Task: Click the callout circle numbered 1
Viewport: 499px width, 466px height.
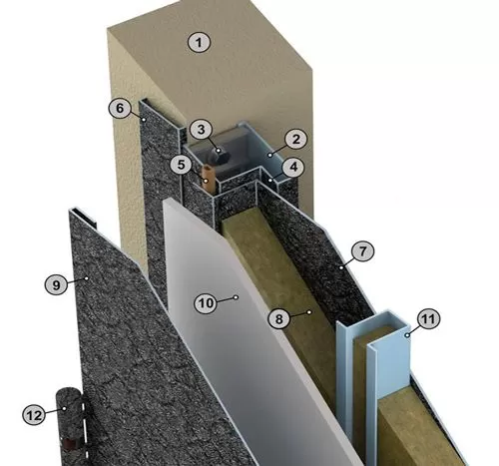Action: pyautogui.click(x=199, y=43)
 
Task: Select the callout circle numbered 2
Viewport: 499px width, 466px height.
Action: pyautogui.click(x=295, y=139)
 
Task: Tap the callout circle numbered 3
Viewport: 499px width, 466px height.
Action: pyautogui.click(x=201, y=130)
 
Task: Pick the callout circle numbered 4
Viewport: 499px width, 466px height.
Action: pyautogui.click(x=293, y=167)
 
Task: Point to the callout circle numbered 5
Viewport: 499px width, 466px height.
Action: pyautogui.click(x=181, y=165)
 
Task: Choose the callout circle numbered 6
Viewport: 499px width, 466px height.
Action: pyautogui.click(x=120, y=108)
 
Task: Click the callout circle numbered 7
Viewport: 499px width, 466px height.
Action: pyautogui.click(x=362, y=250)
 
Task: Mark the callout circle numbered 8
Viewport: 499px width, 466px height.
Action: pyautogui.click(x=279, y=319)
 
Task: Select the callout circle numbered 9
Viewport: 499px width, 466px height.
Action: pyautogui.click(x=56, y=284)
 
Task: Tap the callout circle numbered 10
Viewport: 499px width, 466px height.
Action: pyautogui.click(x=206, y=303)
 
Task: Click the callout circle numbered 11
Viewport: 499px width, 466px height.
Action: pyautogui.click(x=428, y=319)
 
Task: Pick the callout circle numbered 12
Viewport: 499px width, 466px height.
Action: pyautogui.click(x=34, y=415)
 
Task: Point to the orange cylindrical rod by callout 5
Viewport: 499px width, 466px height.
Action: pyautogui.click(x=209, y=179)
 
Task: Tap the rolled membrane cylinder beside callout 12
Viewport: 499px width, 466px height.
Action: pyautogui.click(x=71, y=426)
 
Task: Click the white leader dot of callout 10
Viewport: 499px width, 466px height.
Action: pyautogui.click(x=236, y=297)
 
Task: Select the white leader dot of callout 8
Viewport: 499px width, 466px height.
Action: pyautogui.click(x=309, y=312)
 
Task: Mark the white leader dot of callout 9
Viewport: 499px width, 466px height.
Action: pyautogui.click(x=87, y=278)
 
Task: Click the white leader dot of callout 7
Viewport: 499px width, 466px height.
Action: pyautogui.click(x=341, y=267)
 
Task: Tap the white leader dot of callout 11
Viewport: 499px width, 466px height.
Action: pyautogui.click(x=407, y=336)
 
